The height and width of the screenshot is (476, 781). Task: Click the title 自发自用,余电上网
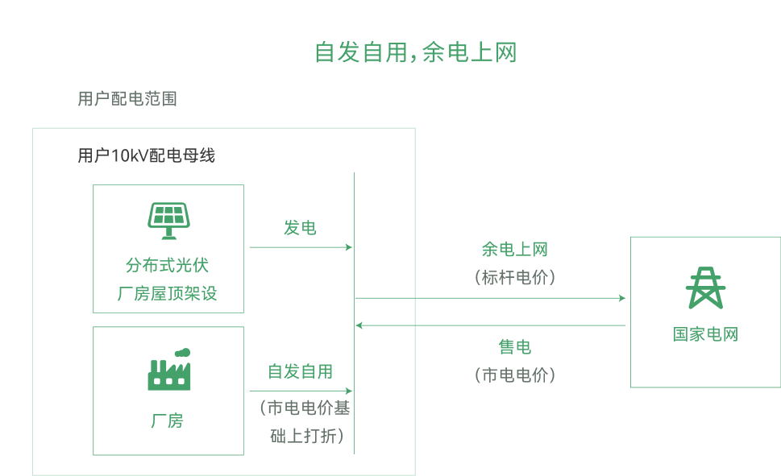[x=414, y=52]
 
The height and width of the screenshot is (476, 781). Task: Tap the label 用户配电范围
[x=127, y=99]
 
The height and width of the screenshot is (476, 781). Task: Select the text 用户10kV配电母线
[x=147, y=155]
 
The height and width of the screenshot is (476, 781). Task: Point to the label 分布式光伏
[x=168, y=265]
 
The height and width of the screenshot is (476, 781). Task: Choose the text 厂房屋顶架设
[x=168, y=293]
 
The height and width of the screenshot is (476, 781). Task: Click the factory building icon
[x=169, y=370]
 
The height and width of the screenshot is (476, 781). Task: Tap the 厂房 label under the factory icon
[x=168, y=420]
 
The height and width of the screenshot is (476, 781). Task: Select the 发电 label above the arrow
[x=300, y=228]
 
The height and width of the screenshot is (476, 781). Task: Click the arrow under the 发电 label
[x=301, y=247]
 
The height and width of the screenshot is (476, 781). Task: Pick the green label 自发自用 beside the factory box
[x=300, y=371]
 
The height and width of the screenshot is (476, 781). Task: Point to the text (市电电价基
[x=304, y=408]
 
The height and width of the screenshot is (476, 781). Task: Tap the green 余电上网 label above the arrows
[x=514, y=250]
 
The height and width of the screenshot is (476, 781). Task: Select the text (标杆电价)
[x=514, y=277]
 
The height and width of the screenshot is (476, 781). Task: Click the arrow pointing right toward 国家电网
[x=490, y=298]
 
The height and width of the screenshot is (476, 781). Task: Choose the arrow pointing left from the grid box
[x=490, y=325]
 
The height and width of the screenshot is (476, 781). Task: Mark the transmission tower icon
[x=704, y=288]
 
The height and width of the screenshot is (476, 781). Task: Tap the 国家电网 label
[x=705, y=334]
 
